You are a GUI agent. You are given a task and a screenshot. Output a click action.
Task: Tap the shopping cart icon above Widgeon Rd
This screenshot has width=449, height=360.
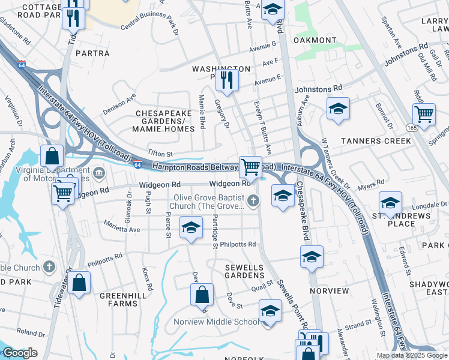click(x=250, y=166)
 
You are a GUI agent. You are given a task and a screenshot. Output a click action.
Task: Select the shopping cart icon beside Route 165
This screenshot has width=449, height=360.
click(x=424, y=113)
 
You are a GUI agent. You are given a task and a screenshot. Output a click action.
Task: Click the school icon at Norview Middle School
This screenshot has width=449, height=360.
click(x=270, y=311)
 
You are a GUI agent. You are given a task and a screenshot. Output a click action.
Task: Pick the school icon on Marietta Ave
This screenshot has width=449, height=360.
click(x=191, y=228)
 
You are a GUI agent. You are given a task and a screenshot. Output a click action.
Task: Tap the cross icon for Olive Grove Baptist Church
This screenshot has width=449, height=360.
click(x=254, y=200)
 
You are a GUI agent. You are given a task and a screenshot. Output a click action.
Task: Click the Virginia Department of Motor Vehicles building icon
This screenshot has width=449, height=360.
click(x=100, y=175)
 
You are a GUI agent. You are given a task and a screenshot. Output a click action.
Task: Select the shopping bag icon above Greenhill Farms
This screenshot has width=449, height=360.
click(x=79, y=282)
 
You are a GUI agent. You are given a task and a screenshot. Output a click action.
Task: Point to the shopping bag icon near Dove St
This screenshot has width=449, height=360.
click(x=202, y=294)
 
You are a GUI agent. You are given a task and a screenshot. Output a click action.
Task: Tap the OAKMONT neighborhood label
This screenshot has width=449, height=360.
click(x=315, y=40)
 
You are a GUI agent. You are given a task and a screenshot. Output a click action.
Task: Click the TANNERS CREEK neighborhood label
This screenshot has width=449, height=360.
click(x=376, y=141)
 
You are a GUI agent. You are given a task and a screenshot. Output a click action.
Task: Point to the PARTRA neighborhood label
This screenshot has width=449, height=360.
click(x=92, y=53)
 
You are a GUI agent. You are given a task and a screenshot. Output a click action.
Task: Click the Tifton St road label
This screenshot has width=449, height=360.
click(x=161, y=154)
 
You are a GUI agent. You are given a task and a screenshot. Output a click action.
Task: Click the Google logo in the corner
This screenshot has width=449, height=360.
click(x=20, y=353)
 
